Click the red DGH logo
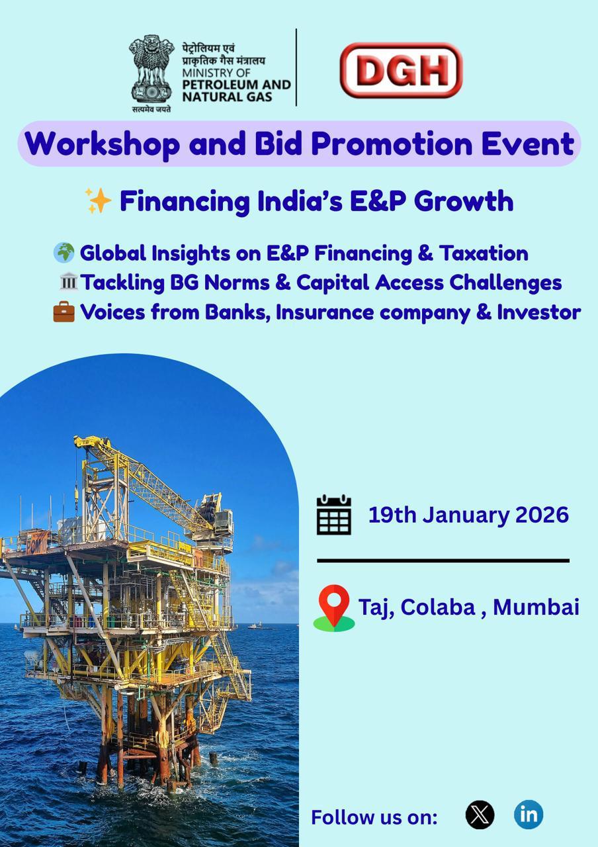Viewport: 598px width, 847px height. point(401,70)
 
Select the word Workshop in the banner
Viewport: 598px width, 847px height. point(102,144)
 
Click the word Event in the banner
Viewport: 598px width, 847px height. point(528,144)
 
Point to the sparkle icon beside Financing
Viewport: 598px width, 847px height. point(98,201)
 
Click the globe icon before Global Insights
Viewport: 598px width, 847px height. point(64,253)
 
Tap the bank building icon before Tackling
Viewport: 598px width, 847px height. point(68,282)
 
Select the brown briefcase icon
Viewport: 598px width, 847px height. point(64,312)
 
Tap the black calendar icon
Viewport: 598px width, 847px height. point(334,514)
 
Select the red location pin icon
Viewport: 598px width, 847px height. point(334,607)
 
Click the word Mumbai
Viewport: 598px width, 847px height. point(536,607)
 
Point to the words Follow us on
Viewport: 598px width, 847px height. point(374,817)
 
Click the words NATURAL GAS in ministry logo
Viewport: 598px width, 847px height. point(227,97)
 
